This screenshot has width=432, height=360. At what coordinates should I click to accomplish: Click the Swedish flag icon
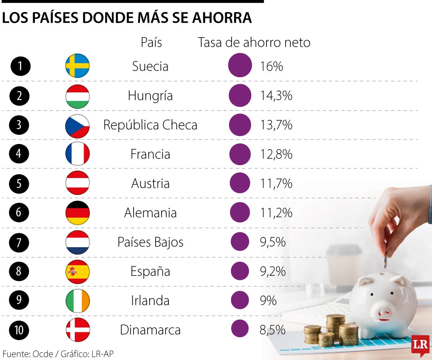(78, 66)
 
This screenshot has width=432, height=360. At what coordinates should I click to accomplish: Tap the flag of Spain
(78, 272)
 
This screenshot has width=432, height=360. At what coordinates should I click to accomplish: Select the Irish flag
(78, 301)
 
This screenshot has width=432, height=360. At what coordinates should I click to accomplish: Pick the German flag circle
(78, 213)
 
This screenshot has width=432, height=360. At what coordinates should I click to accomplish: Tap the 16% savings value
(271, 66)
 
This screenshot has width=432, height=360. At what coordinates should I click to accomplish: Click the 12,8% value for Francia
(276, 154)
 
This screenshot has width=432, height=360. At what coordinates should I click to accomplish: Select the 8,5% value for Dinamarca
(272, 330)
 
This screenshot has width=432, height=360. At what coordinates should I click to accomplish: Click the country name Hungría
(150, 96)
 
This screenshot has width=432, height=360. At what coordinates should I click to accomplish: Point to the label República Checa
(150, 125)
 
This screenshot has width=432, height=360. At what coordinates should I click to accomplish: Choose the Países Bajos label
(150, 242)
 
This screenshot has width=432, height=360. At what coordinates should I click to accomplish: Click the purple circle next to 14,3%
(240, 96)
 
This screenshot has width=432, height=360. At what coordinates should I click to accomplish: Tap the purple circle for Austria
(240, 184)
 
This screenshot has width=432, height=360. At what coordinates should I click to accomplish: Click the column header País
(151, 42)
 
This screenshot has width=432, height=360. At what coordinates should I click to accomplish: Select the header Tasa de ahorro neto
(254, 42)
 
